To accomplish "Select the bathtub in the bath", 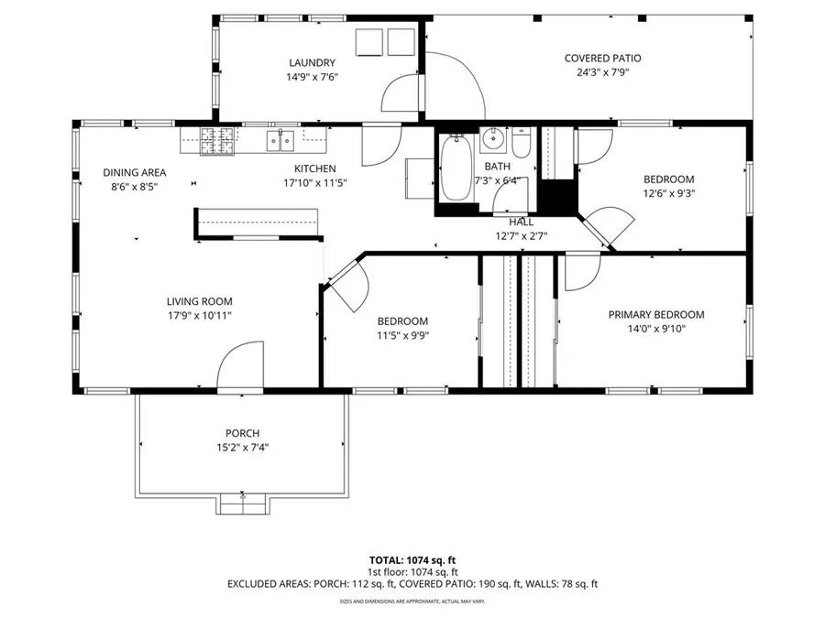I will [x=454, y=168].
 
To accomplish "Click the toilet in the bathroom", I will [x=522, y=145].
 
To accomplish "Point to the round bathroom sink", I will [x=493, y=140].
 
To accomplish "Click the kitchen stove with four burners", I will [x=217, y=140].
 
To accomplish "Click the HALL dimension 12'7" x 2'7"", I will [x=521, y=235].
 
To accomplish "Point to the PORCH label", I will [x=242, y=433].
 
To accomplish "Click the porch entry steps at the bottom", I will [x=243, y=503].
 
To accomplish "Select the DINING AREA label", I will [x=134, y=172].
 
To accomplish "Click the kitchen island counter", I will [x=257, y=222].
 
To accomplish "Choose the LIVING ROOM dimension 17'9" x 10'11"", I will [x=199, y=315].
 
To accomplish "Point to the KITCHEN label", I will [x=314, y=168].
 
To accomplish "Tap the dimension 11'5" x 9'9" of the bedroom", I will [x=402, y=335].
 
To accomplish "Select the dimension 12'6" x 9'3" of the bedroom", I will [x=668, y=193].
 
